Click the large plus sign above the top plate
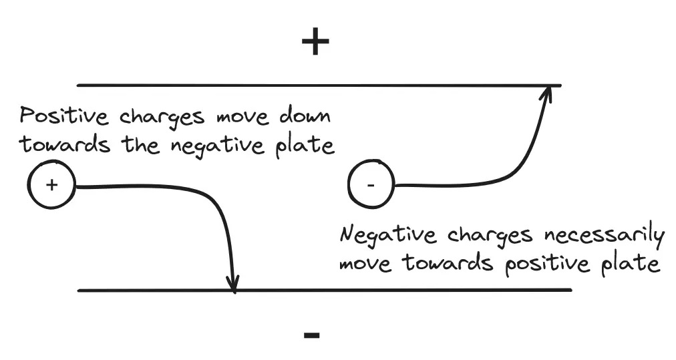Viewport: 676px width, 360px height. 315,43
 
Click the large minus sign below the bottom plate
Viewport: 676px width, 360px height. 311,334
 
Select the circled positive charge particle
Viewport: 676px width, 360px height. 51,185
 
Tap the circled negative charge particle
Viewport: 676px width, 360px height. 371,184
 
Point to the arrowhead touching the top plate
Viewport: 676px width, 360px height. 547,94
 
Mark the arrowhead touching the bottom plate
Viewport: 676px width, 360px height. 232,283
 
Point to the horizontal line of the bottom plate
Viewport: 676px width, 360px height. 401,290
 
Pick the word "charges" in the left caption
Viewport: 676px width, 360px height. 162,117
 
